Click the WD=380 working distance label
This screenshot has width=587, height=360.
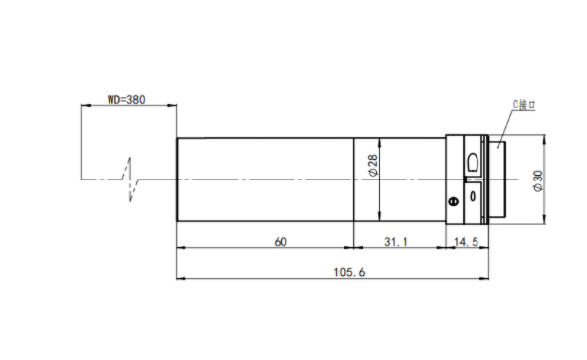tap(126, 100)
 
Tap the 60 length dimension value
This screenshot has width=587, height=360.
tap(281, 242)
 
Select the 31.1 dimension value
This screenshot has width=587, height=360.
tap(396, 242)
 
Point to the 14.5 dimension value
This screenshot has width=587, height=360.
tap(466, 242)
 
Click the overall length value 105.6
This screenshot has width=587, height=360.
tap(349, 272)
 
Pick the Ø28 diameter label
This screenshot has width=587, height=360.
tap(373, 165)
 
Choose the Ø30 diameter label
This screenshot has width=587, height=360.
tap(538, 181)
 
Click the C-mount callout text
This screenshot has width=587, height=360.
tap(524, 105)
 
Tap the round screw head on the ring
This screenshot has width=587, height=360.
tap(454, 202)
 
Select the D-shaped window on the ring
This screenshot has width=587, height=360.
tap(473, 162)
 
